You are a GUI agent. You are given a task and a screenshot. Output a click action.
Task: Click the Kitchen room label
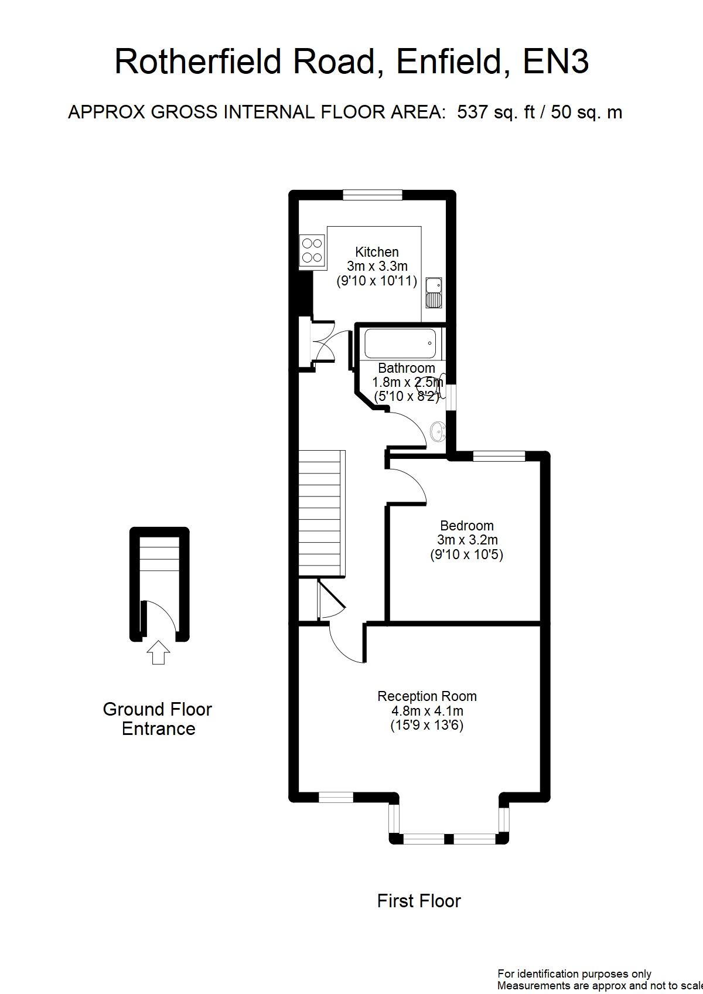point(377,252)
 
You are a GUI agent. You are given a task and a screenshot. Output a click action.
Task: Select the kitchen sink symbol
point(434,292)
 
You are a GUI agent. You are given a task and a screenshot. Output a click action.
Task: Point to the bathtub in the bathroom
point(400,344)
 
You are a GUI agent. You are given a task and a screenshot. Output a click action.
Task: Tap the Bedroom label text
point(467,526)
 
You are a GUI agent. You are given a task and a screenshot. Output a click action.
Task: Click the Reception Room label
point(427,696)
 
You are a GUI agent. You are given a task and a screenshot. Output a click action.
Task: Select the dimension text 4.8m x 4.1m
point(427,711)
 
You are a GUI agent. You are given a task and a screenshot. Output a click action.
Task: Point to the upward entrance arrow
point(158,652)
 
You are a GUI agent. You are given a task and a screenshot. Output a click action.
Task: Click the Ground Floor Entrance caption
point(158,719)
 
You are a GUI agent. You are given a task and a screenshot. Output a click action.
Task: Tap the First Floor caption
point(419,901)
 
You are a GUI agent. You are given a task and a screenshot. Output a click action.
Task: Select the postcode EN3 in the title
point(555,62)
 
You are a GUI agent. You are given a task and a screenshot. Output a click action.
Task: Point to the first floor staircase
point(322,513)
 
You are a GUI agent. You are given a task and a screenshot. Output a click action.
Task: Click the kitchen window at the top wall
point(373,195)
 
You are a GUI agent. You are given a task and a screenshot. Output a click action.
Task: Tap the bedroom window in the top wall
point(499,456)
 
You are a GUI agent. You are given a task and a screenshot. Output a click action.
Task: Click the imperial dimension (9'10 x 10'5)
point(467,554)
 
